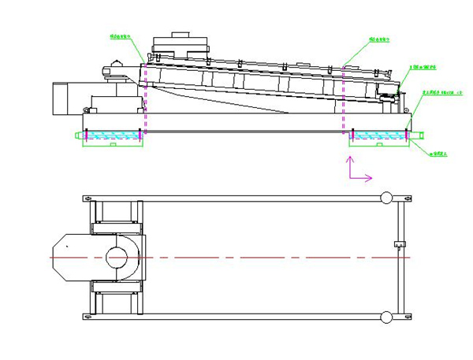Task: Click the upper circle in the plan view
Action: click(x=386, y=197)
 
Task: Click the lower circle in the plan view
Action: click(x=386, y=317)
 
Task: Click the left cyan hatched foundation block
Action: click(x=113, y=136)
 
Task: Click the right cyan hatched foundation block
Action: click(x=379, y=136)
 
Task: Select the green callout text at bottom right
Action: click(x=438, y=154)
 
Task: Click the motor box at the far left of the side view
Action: click(x=61, y=98)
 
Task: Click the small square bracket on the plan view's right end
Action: click(x=398, y=243)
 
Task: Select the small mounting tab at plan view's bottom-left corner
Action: click(x=88, y=317)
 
